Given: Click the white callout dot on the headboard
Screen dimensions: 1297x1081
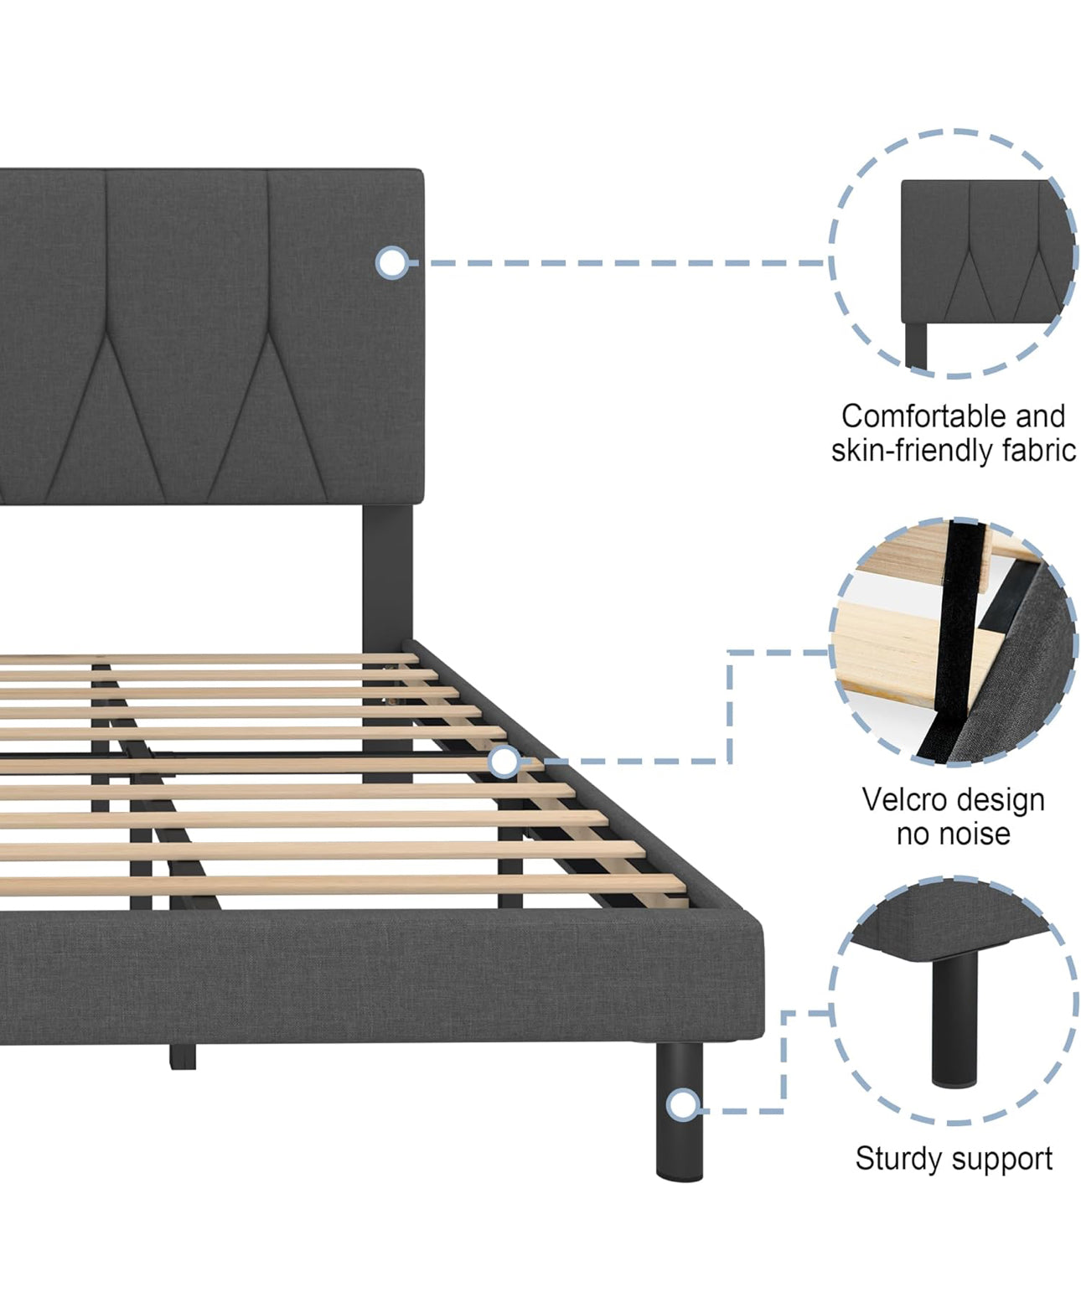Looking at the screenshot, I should click(391, 263).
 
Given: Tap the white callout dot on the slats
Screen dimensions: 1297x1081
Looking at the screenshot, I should click(504, 762).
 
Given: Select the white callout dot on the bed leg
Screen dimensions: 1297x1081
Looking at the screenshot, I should click(684, 1105).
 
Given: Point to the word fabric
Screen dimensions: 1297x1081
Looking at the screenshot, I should click(1038, 451).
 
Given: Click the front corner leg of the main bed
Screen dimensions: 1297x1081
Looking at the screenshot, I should click(679, 1110).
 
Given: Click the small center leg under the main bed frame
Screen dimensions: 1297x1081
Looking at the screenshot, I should click(183, 1056).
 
